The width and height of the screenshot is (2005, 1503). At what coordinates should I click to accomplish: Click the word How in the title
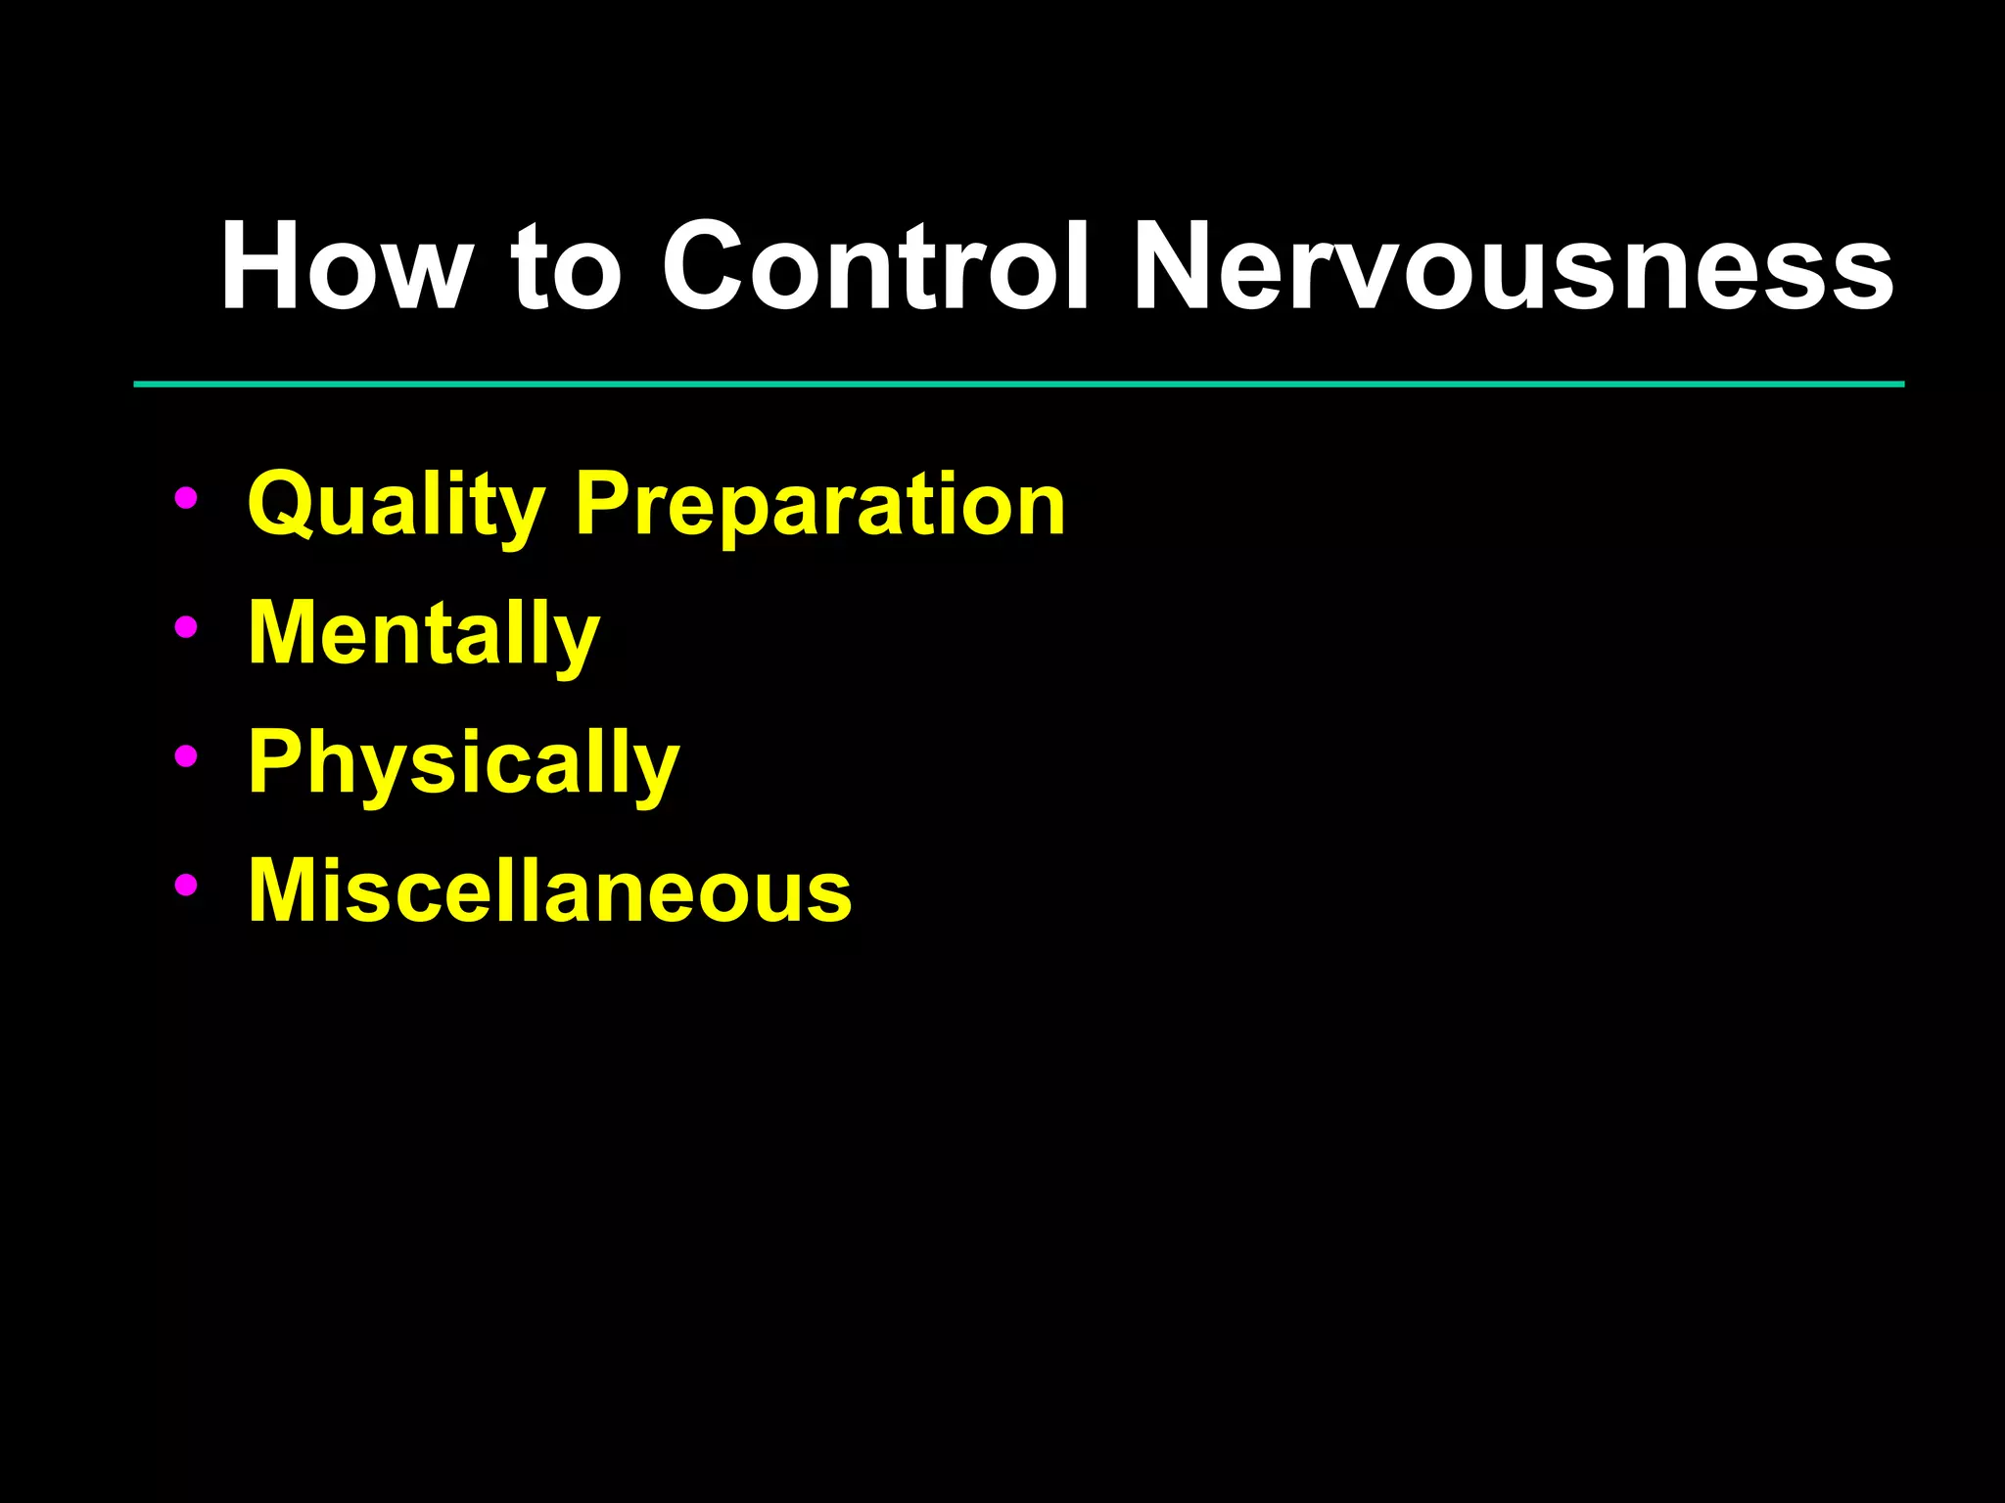[344, 266]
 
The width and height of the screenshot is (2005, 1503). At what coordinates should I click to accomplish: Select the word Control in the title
[875, 266]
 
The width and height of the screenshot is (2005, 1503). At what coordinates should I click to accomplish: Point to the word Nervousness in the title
[1513, 266]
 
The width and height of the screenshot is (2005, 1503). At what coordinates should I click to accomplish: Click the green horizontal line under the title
[1018, 385]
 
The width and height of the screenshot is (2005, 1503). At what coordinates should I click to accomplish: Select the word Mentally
[423, 634]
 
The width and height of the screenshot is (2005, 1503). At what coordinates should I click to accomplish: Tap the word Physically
[463, 764]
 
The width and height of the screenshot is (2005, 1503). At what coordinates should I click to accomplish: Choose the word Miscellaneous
[549, 890]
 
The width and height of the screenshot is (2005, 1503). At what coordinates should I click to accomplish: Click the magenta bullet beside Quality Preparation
[185, 498]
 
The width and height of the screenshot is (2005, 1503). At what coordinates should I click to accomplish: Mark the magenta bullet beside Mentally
[185, 627]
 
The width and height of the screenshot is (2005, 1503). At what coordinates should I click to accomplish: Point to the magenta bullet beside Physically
[185, 756]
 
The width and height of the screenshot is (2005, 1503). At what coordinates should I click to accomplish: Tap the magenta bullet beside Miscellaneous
[185, 885]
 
